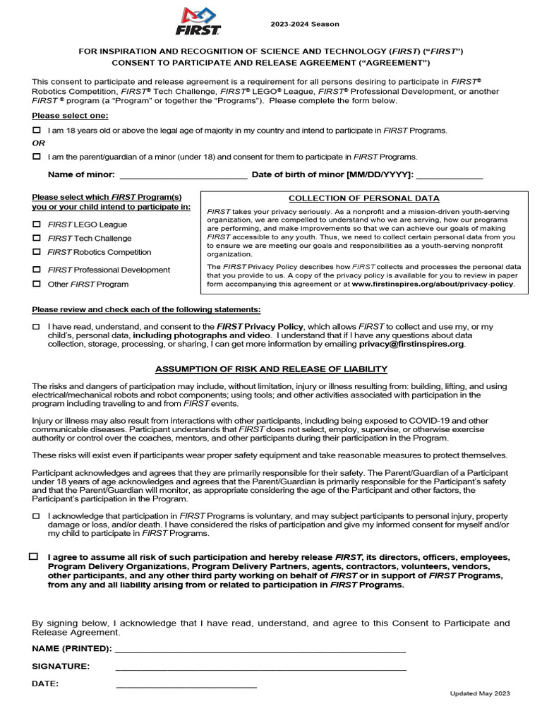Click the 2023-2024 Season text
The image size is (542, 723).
pos(305,24)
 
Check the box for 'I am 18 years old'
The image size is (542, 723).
pos(37,131)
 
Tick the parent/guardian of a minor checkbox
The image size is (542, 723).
pos(37,157)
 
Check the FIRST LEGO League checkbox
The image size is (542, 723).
pos(37,224)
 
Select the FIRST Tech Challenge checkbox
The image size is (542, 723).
pos(37,238)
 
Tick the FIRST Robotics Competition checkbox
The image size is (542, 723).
pos(37,252)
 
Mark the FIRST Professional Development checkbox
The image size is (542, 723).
pos(37,270)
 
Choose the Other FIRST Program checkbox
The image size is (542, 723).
pos(37,284)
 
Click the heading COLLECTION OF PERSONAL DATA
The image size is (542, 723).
pos(363,198)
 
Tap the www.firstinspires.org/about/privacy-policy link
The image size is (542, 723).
pos(433,284)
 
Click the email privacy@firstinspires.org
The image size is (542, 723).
pos(411,344)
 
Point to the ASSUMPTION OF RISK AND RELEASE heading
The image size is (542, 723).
pos(271,369)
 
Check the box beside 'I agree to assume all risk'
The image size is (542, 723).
pos(34,556)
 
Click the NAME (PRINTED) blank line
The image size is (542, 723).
pos(260,649)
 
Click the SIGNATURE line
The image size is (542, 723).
pos(260,667)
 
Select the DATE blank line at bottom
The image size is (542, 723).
pos(186,684)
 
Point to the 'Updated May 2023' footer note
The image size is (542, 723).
pos(480,693)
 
